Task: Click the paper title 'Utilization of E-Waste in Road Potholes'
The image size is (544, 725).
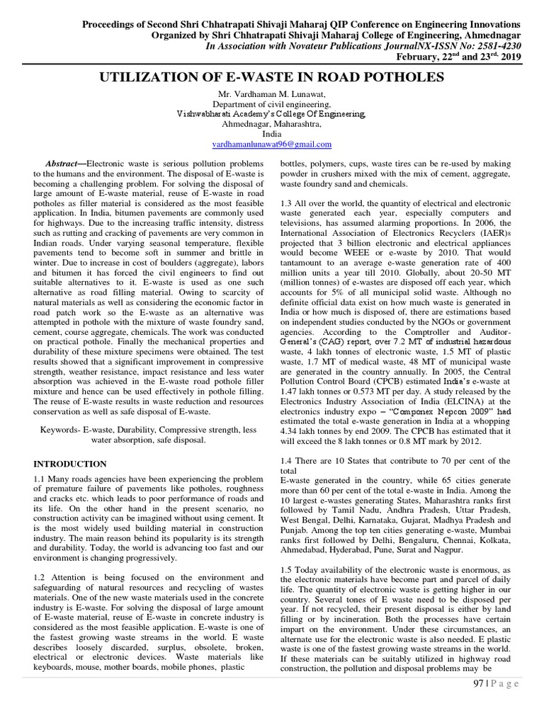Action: (x=271, y=77)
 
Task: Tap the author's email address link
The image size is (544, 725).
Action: (x=271, y=144)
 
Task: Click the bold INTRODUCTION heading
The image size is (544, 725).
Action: (x=71, y=464)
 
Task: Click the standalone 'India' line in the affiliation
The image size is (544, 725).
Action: (x=271, y=134)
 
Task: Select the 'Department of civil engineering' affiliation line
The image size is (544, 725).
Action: (x=271, y=104)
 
